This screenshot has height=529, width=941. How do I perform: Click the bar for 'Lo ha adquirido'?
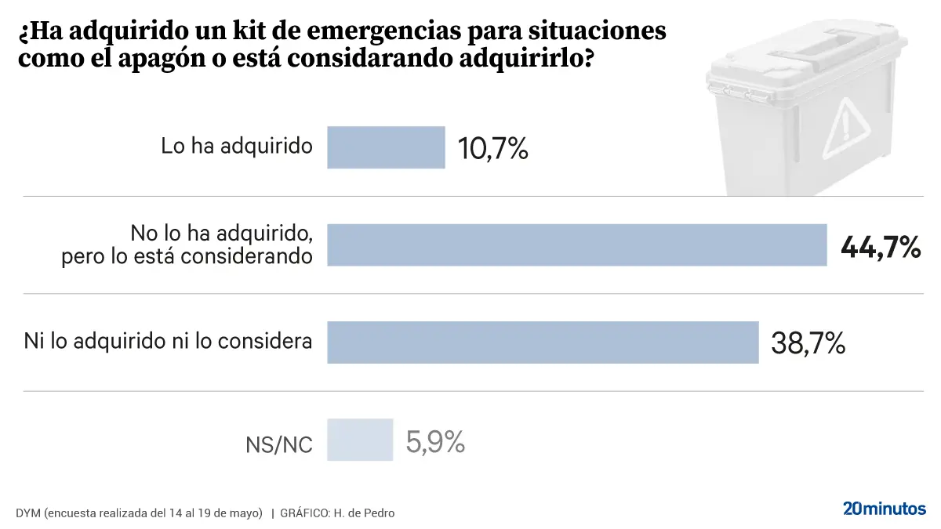pos(386,147)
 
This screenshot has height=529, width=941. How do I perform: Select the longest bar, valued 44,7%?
pos(576,245)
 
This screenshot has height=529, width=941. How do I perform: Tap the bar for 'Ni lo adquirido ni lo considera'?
pos(543,342)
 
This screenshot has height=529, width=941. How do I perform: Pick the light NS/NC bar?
pos(360,440)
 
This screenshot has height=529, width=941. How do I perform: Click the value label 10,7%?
pos(492,148)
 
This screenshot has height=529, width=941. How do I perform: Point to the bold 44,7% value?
pos(880,248)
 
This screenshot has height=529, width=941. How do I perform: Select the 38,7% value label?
pos(808,343)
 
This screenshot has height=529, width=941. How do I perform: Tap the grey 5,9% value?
pos(435,443)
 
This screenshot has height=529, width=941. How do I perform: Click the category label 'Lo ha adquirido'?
pos(237,147)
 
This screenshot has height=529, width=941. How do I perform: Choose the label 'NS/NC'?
pos(279,445)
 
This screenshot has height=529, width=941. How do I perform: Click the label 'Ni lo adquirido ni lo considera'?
pos(168,342)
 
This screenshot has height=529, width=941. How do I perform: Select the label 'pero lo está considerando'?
pos(187,256)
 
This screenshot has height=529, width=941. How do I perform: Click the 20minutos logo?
pos(885,509)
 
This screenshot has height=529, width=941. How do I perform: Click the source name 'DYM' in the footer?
pos(27,513)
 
